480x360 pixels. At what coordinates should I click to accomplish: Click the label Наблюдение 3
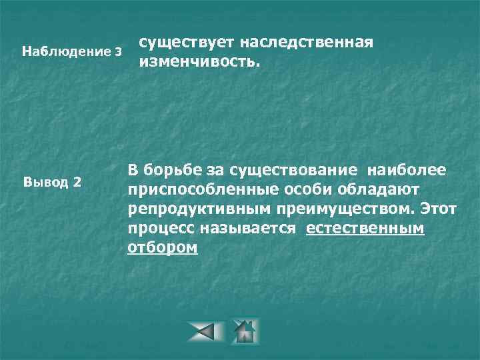coord(73,51)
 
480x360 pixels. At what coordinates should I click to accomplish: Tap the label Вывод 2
coord(53,182)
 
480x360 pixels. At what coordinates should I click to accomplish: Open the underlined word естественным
coord(365,229)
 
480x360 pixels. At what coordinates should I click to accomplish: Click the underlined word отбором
coord(163,247)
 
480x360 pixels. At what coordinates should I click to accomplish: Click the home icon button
coord(244,331)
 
